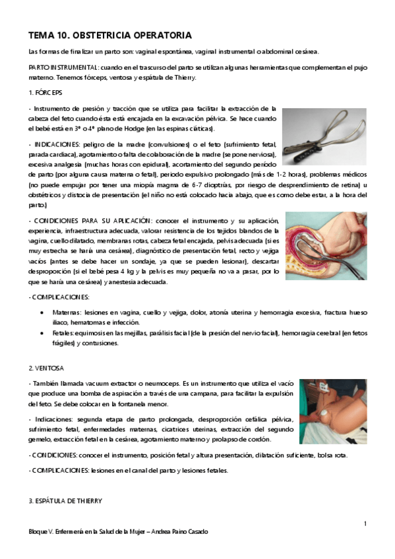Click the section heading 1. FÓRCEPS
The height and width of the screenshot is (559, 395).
click(x=45, y=92)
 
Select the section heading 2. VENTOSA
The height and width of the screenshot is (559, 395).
click(x=46, y=367)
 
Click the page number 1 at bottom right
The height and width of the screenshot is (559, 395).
click(x=365, y=523)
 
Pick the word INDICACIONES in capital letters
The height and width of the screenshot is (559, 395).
click(x=55, y=144)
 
